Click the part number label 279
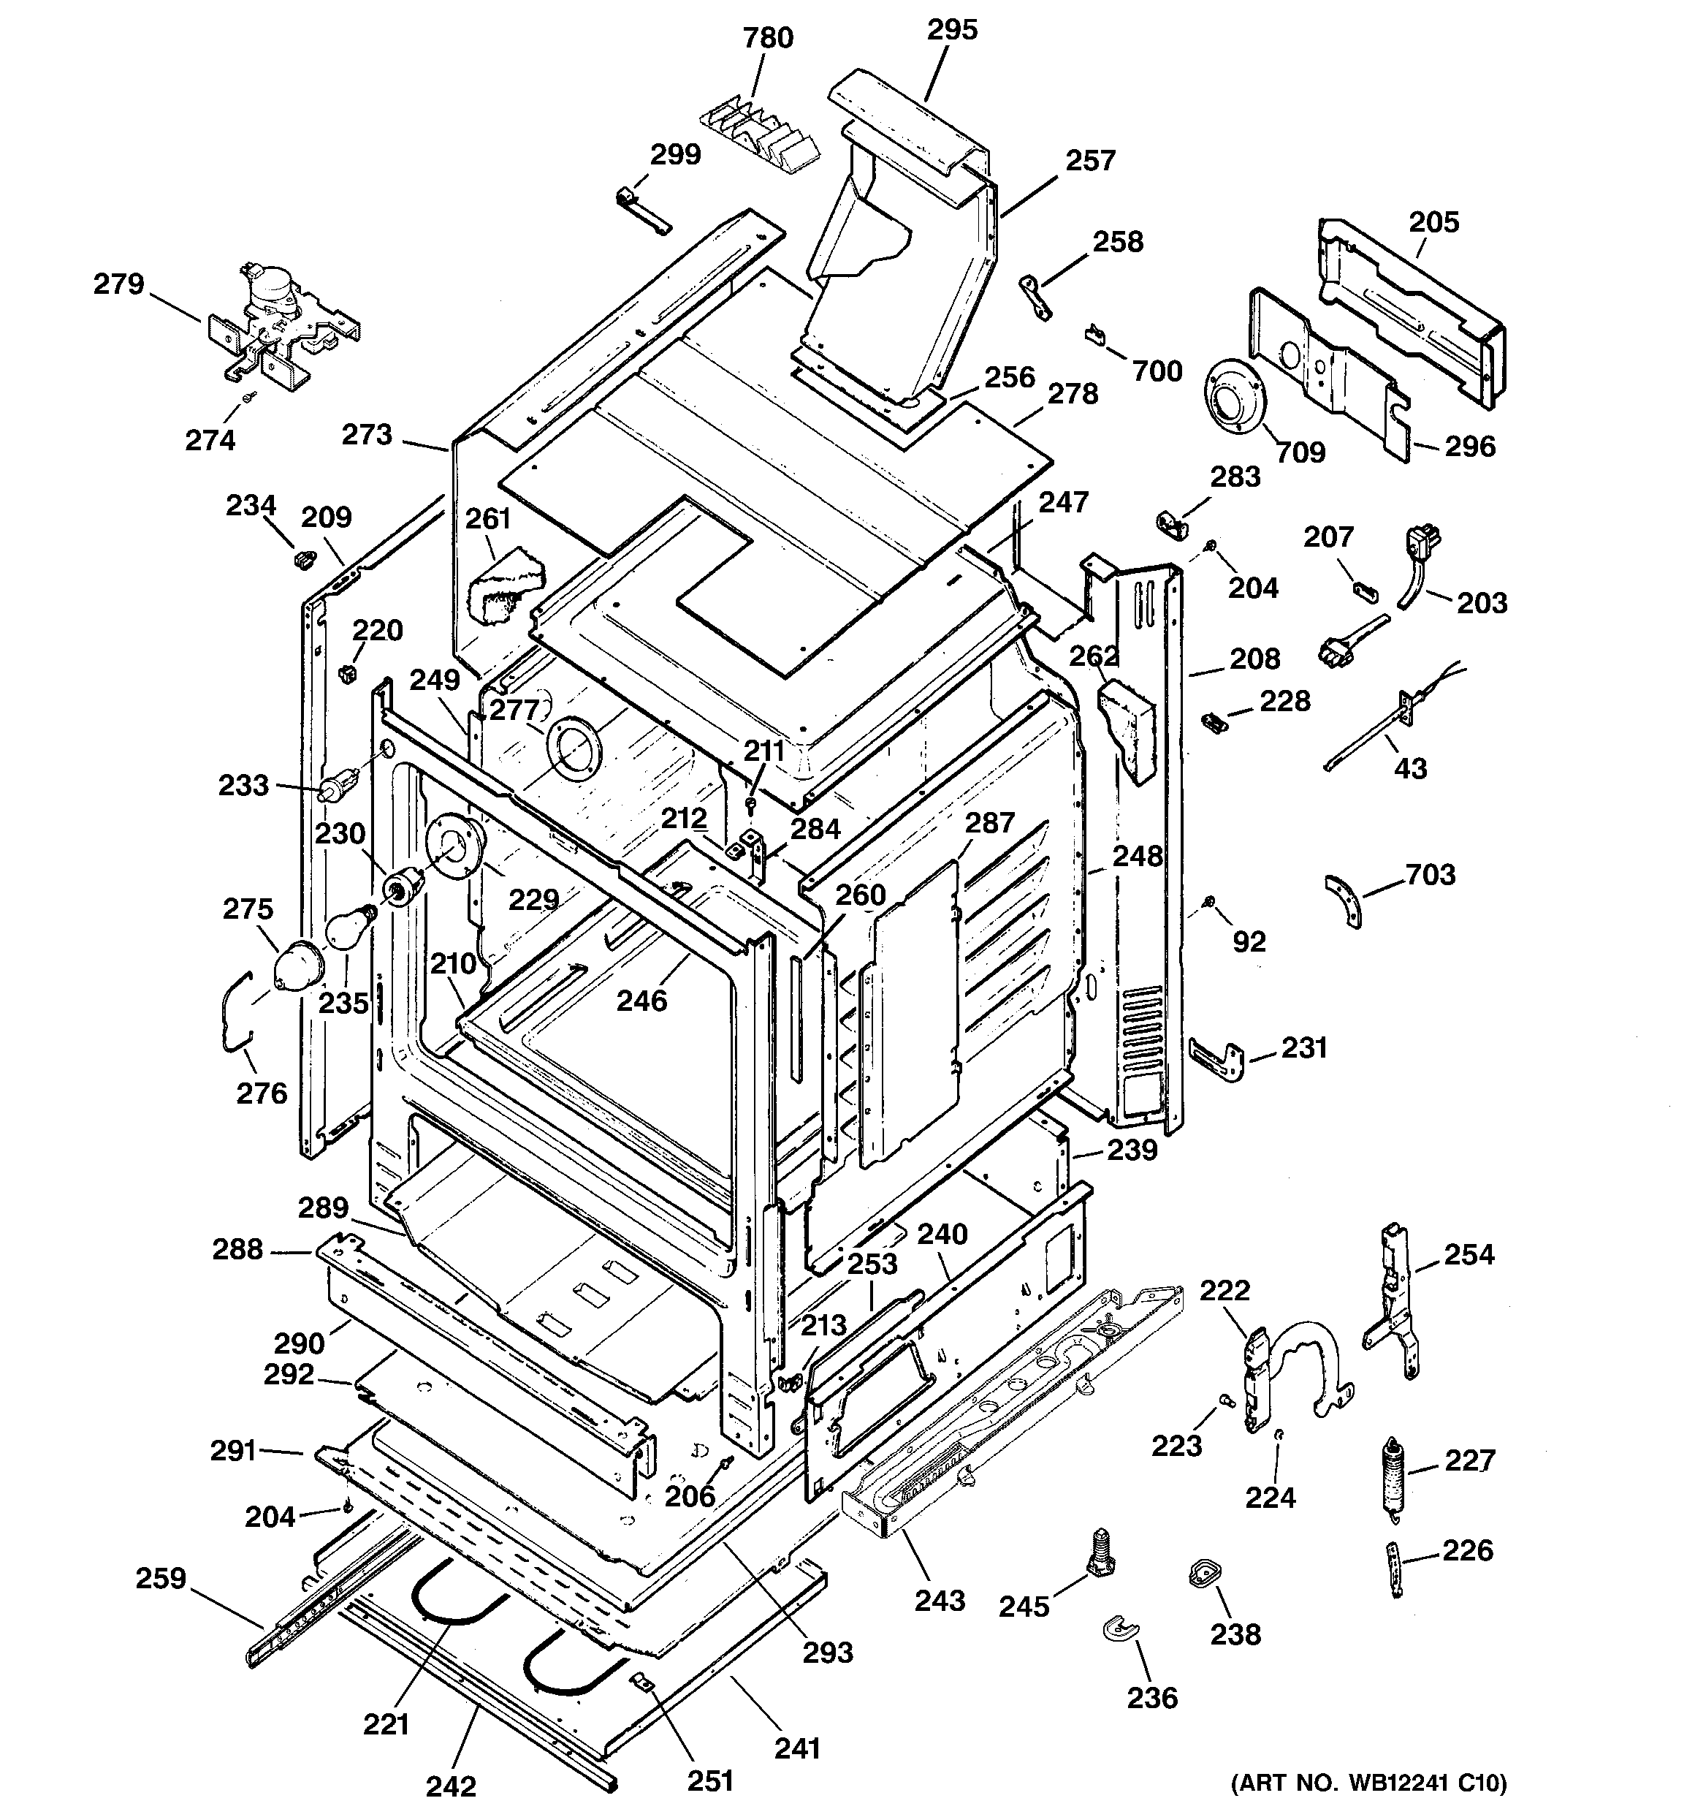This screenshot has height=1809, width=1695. coord(118,285)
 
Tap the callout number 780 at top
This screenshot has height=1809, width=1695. coord(768,38)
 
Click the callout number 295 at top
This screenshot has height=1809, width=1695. coord(952,30)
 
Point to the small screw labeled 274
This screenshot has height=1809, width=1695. coord(249,397)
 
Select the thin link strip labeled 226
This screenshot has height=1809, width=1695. coord(1394,1569)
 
